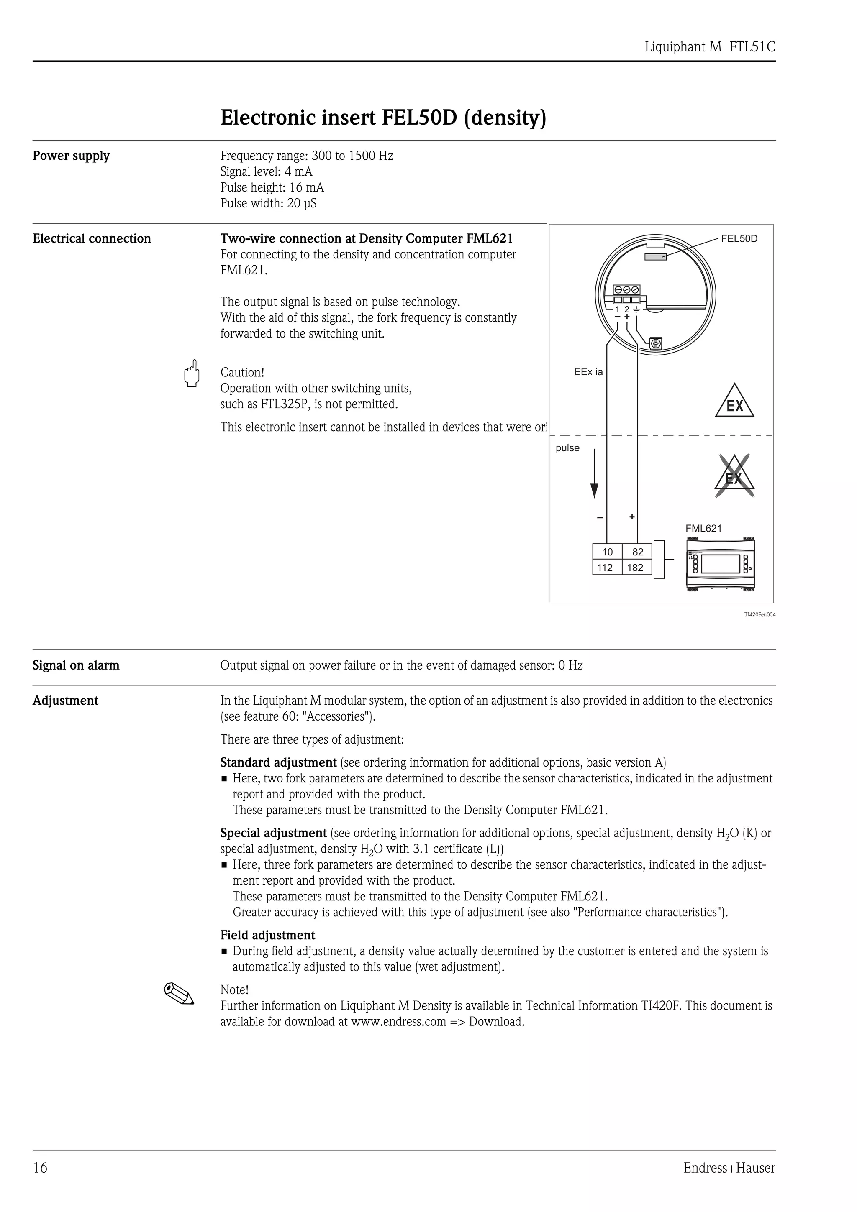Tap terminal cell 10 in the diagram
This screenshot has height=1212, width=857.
[x=607, y=552]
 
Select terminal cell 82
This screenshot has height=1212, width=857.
[x=637, y=552]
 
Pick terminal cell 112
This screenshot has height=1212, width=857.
[x=605, y=568]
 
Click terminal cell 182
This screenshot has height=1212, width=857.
[x=635, y=568]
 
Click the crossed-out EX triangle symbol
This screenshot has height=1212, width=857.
[x=734, y=477]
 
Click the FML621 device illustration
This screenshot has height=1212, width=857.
[x=720, y=563]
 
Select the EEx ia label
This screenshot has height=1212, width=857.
[x=588, y=372]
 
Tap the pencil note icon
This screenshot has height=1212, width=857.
[x=179, y=993]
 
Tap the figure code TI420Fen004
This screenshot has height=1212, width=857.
[x=759, y=614]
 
